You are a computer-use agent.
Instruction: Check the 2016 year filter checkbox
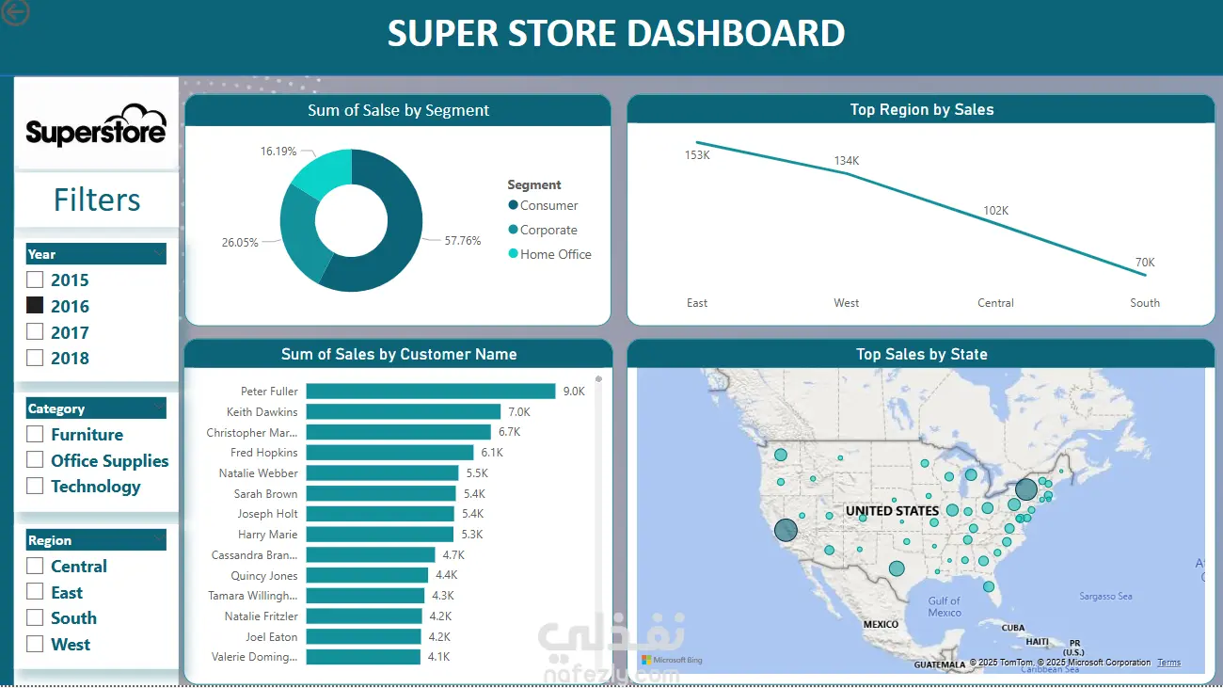pos(35,306)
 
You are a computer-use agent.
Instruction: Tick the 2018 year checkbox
pos(35,358)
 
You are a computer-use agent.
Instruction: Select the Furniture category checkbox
pos(35,434)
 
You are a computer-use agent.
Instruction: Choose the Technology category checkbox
pos(35,486)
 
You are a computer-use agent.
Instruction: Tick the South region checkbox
pos(35,617)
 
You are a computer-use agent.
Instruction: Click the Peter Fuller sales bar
pos(431,392)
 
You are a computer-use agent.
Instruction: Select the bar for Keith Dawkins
pos(403,412)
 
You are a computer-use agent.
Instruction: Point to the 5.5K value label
pos(476,473)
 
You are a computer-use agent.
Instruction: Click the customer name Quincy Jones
pos(264,575)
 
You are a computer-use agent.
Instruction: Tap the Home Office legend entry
pos(555,254)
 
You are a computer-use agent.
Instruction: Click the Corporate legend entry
pos(548,230)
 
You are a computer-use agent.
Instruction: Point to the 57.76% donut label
pos(463,241)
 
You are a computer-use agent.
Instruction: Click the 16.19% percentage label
pos(278,151)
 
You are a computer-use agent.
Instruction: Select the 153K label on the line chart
pos(697,155)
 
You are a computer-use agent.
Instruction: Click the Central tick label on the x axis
pos(995,303)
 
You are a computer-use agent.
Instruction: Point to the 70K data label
pos(1145,263)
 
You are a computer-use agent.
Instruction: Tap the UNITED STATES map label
pos(892,511)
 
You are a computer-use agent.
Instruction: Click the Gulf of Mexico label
pos(945,607)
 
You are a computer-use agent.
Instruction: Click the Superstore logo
pos(96,126)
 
